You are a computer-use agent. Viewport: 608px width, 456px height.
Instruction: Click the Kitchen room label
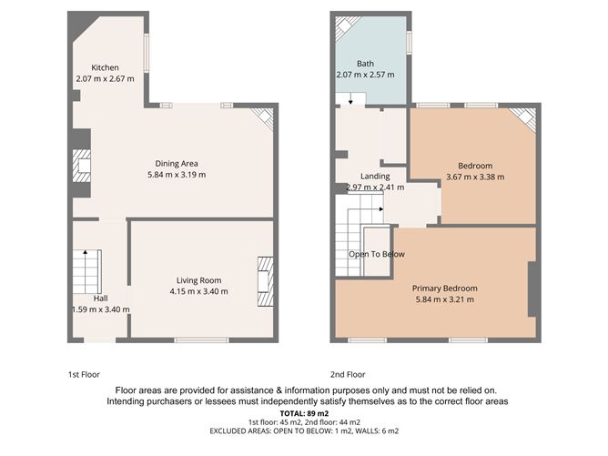[x=104, y=68]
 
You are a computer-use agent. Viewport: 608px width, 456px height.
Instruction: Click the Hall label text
[x=100, y=298]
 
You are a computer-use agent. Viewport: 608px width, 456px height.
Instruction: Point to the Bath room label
[x=365, y=63]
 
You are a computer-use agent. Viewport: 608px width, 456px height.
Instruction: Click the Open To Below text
[x=377, y=254]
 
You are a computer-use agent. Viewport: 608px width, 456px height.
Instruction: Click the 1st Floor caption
[x=84, y=374]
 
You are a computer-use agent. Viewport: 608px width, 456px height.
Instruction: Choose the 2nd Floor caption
[x=348, y=374]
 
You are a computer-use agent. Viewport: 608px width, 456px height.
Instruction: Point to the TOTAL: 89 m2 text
[x=304, y=412]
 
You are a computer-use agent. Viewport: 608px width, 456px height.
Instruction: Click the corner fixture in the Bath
[x=347, y=28]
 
